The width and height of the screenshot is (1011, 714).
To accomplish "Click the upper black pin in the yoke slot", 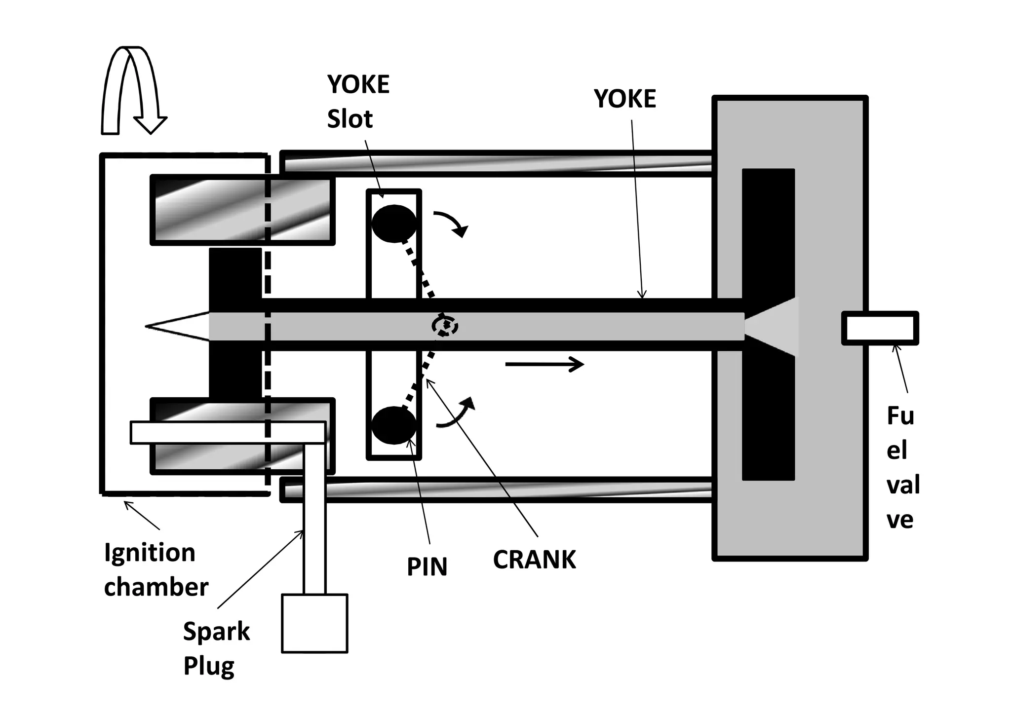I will pos(393,224).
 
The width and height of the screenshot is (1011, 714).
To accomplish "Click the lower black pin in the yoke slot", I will pos(393,425).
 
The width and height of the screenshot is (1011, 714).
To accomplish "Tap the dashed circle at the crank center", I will pos(445,326).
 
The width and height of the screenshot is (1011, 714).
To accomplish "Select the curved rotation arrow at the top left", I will pos(132,91).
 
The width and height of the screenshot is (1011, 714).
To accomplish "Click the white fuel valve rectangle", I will pos(880,328).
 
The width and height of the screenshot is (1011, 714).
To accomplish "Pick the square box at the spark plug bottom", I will pos(314,623).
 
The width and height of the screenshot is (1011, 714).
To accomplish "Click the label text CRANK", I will pos(534,560).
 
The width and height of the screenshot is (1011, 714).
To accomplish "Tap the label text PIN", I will pos(427,567).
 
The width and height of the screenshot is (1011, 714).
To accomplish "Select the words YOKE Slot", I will pos(358,102).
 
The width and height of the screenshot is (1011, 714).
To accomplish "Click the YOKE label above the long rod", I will pos(624,99).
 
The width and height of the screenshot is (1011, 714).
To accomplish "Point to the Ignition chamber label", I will pos(156,570).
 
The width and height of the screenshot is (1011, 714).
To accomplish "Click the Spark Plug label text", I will pos(216,648).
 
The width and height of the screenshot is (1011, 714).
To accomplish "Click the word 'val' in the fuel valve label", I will pos(903,485).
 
